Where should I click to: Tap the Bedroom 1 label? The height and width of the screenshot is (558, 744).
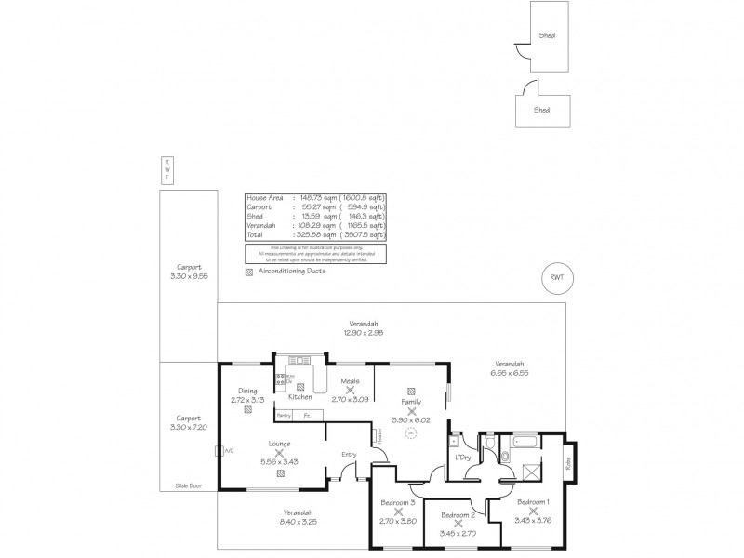click(533, 501)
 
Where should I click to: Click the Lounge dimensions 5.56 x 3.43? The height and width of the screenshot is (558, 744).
click(280, 462)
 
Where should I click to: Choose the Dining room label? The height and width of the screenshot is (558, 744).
click(246, 391)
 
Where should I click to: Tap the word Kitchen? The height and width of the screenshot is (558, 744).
click(299, 397)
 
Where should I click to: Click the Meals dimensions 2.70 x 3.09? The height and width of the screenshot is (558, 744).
click(351, 399)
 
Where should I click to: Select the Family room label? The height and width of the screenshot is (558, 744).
click(411, 401)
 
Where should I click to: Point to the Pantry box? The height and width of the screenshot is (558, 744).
click(285, 415)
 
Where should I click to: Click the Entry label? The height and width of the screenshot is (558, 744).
click(349, 454)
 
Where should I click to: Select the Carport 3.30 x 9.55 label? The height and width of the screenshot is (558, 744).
click(189, 272)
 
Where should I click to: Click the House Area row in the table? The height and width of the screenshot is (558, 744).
click(314, 198)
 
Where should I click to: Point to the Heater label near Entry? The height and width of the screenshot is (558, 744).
click(379, 436)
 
